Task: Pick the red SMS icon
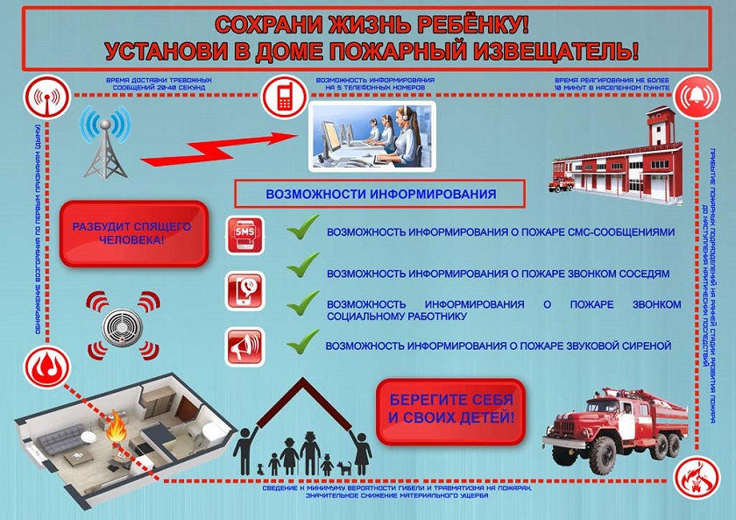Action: coord(245,234)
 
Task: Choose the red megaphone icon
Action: coord(245,345)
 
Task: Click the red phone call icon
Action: coord(245,290)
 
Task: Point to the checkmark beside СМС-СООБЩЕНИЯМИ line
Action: coord(303,231)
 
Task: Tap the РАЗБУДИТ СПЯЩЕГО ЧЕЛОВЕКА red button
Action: coord(134,232)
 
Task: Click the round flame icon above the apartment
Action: coord(46,367)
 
